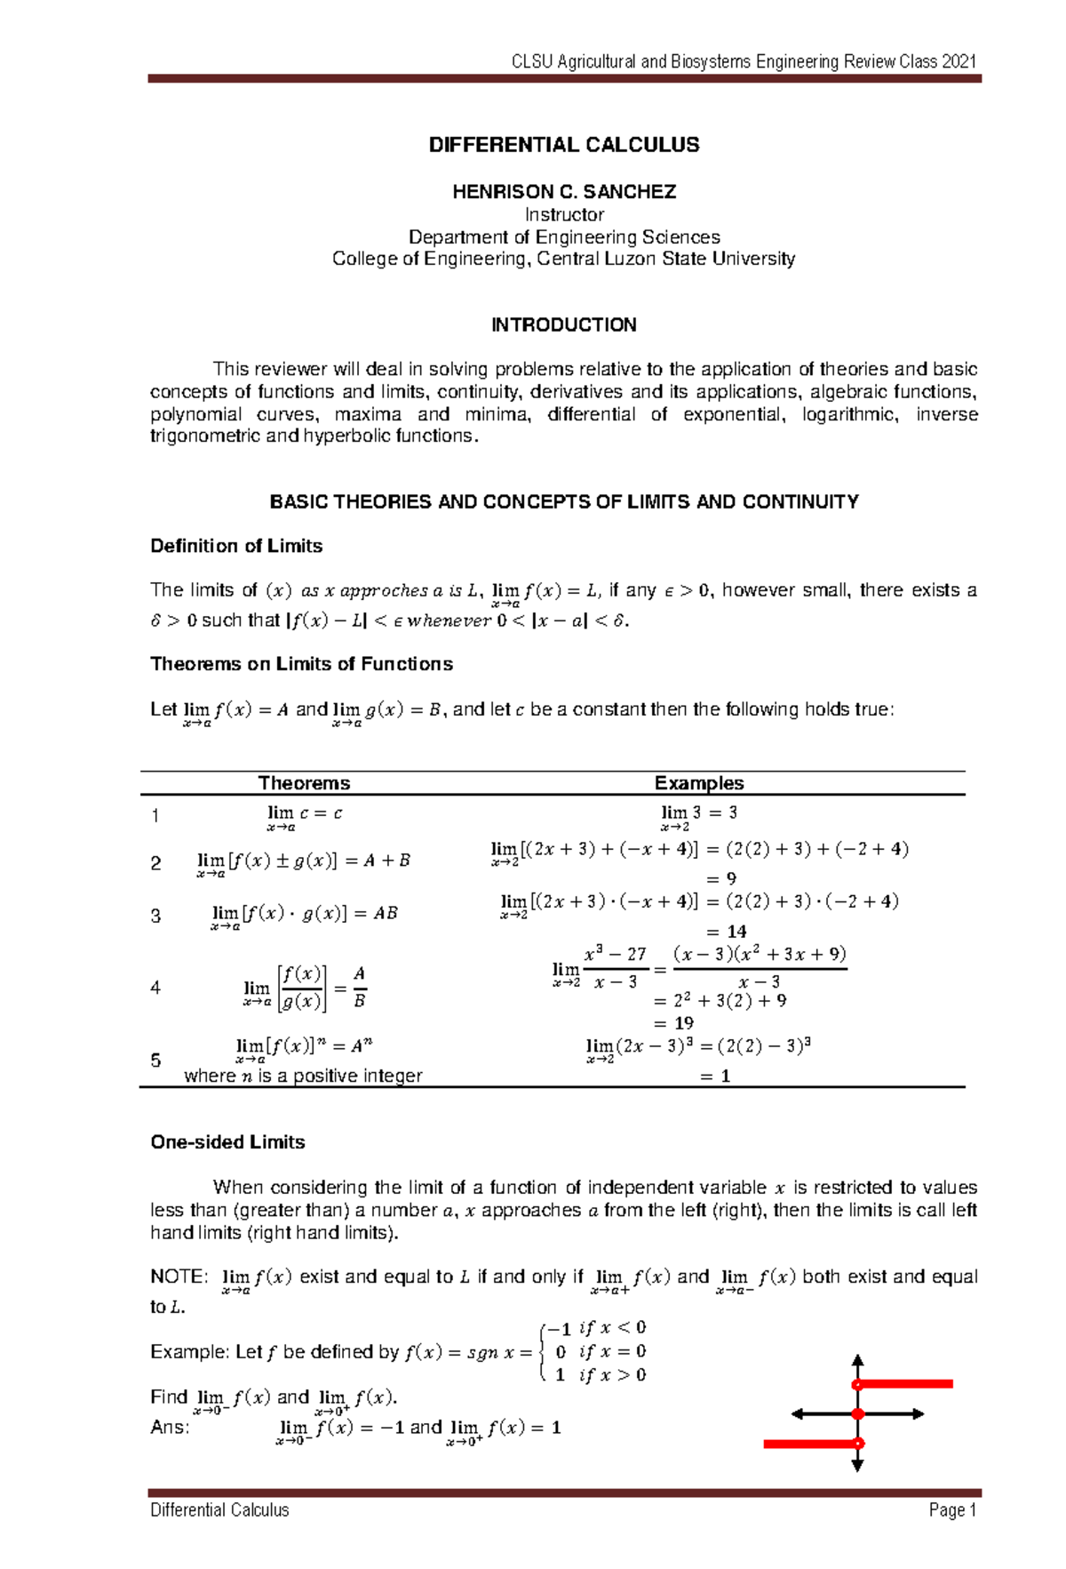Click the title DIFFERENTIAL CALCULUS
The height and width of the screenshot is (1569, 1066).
click(x=564, y=145)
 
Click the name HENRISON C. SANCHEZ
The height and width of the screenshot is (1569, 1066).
click(x=564, y=192)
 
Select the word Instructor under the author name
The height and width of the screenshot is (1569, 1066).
click(x=564, y=214)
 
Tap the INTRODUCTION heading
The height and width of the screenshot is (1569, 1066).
click(x=564, y=324)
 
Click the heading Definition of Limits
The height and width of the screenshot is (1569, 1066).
click(x=236, y=546)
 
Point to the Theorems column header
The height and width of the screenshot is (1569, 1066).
click(x=304, y=783)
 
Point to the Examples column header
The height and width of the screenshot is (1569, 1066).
click(x=699, y=783)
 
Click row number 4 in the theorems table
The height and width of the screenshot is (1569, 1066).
click(x=155, y=988)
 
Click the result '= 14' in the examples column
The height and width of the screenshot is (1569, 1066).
click(x=726, y=932)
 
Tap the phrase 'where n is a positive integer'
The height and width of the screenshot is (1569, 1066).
click(x=303, y=1076)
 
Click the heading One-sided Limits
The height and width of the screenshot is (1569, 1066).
click(x=227, y=1142)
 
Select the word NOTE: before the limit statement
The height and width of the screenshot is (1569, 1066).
click(x=179, y=1277)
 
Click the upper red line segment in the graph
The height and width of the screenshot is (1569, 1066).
click(x=906, y=1383)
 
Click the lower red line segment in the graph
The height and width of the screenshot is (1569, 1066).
click(x=808, y=1444)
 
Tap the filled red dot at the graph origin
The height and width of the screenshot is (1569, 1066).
click(x=857, y=1413)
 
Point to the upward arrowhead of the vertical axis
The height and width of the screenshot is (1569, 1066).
click(x=857, y=1361)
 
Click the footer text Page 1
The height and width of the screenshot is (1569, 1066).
click(x=952, y=1509)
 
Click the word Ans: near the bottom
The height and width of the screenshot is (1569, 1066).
click(x=170, y=1427)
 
